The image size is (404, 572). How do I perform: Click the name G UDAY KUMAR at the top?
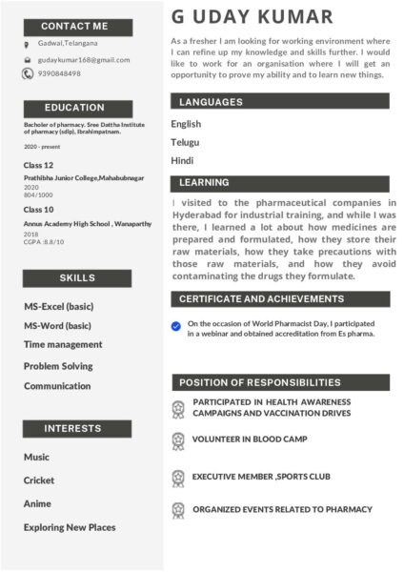[252, 17]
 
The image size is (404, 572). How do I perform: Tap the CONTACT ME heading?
[74, 26]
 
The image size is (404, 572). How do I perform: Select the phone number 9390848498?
[59, 73]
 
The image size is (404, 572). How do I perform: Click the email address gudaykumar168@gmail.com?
[84, 59]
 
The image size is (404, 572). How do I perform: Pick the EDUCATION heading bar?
[74, 108]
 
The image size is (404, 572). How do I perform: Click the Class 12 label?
[39, 165]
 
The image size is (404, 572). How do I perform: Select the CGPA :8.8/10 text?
[44, 241]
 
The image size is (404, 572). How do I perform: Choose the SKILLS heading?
[77, 277]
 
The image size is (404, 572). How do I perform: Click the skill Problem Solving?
[58, 366]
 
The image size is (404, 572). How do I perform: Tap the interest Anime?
[37, 503]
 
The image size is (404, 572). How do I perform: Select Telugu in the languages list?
[185, 142]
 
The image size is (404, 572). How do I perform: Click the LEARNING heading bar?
[280, 182]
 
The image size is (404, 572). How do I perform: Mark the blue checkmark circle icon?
[176, 326]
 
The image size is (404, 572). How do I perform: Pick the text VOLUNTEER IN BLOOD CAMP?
[250, 439]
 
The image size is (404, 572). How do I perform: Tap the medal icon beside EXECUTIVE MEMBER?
[177, 477]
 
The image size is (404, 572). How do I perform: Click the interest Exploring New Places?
[70, 527]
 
